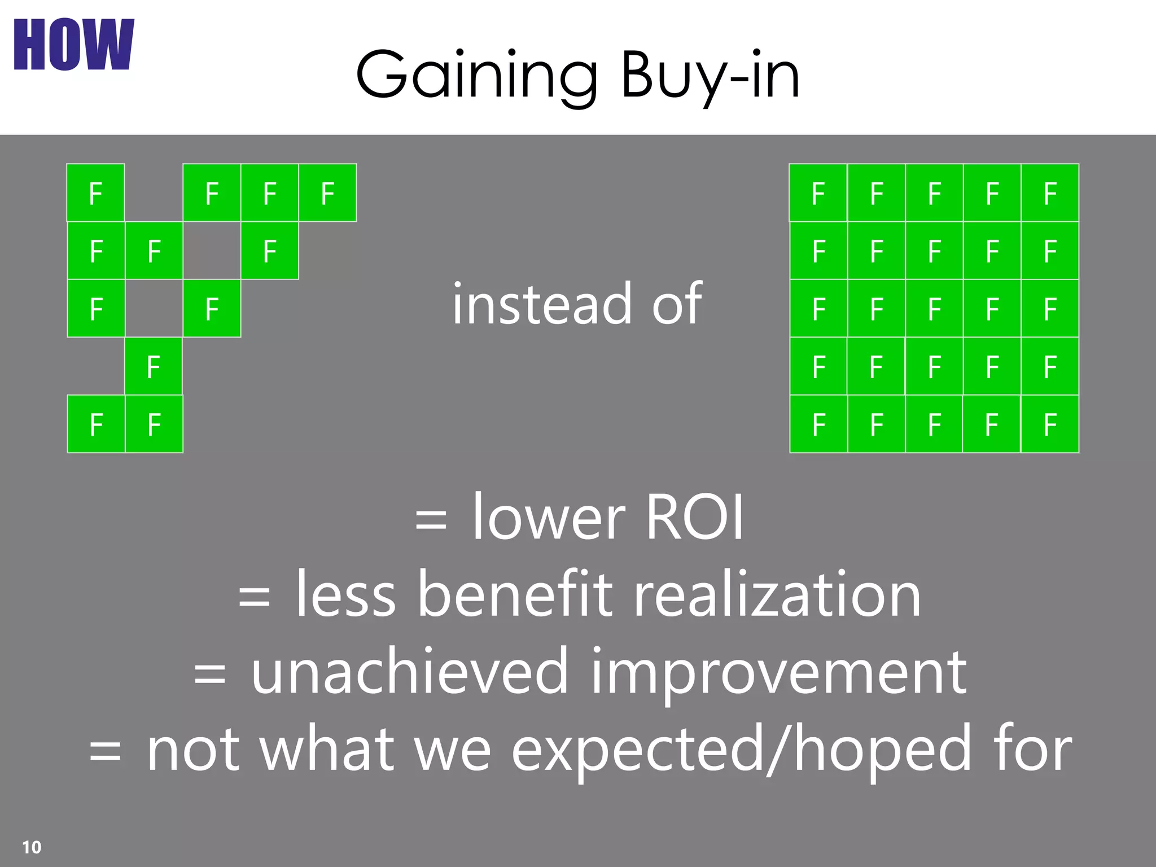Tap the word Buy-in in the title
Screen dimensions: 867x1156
click(710, 75)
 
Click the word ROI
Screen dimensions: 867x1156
click(694, 517)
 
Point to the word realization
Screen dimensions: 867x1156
click(777, 594)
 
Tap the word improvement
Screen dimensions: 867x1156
click(778, 672)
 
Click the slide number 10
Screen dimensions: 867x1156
click(32, 847)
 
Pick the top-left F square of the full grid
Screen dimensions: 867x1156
click(818, 193)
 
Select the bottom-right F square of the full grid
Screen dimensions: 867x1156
click(1050, 424)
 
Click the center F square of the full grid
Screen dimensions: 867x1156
click(934, 309)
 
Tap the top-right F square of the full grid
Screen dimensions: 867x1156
click(1050, 193)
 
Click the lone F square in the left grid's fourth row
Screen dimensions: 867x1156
click(154, 367)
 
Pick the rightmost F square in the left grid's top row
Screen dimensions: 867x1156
click(327, 193)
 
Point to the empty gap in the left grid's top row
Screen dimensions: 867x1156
click(154, 193)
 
